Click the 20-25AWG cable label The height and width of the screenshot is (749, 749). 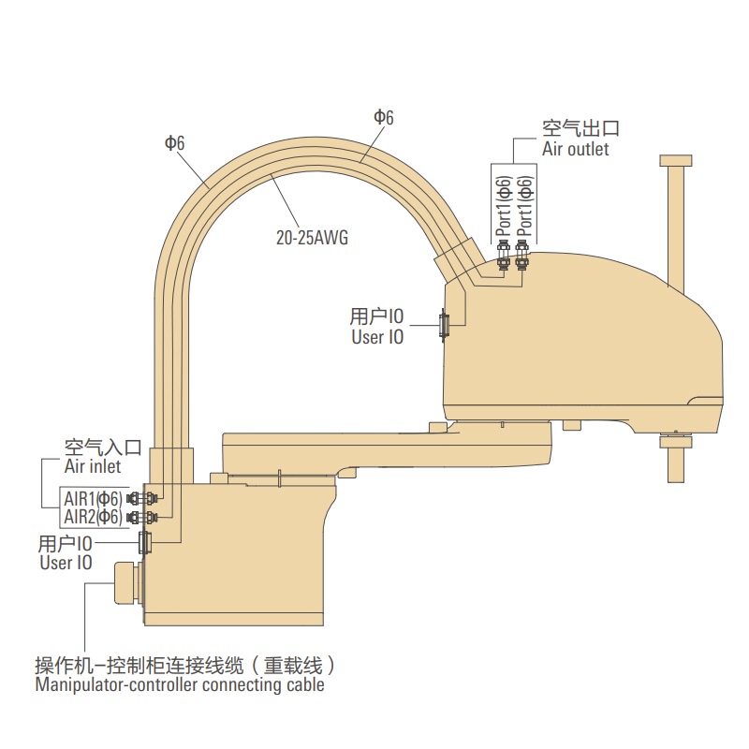click(311, 238)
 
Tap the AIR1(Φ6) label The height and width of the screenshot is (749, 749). click(92, 498)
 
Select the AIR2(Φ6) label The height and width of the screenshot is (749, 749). click(92, 517)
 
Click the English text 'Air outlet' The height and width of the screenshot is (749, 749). click(575, 149)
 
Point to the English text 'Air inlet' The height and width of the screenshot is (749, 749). click(93, 465)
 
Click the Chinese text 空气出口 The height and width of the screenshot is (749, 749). click(580, 129)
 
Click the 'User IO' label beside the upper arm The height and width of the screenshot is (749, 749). click(377, 337)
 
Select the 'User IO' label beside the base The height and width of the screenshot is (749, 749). click(66, 563)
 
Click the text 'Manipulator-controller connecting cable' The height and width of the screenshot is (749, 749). click(180, 685)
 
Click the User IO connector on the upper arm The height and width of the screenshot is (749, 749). click(445, 325)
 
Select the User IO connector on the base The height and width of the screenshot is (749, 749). click(144, 542)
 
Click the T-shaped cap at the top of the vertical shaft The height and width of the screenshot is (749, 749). click(676, 160)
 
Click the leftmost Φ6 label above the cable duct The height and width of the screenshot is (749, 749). click(174, 143)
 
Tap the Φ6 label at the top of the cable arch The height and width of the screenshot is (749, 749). click(384, 117)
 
